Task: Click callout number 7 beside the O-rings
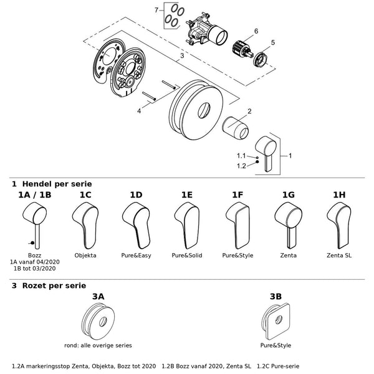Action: coord(156,10)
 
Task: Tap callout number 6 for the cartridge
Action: coord(256,31)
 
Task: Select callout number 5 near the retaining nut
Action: coord(273,42)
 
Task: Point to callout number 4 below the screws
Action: coord(139,111)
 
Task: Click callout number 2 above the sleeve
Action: coord(249,111)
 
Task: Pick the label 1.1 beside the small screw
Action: coord(241,156)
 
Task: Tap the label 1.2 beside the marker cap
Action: coord(241,166)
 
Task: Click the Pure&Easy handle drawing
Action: coord(136,226)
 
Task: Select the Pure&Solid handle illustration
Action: coord(187,226)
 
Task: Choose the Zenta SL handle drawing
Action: coord(339,226)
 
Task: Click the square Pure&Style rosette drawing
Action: coord(276,321)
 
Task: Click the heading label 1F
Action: coord(237,195)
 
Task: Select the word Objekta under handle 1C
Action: coord(85,256)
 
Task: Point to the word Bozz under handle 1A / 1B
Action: coord(34,256)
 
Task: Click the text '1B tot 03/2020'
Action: coord(34,268)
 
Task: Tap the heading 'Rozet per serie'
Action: coord(54,285)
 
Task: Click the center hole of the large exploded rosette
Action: coord(204,110)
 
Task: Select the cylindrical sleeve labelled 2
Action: coord(236,128)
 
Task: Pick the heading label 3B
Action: coord(276,297)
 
